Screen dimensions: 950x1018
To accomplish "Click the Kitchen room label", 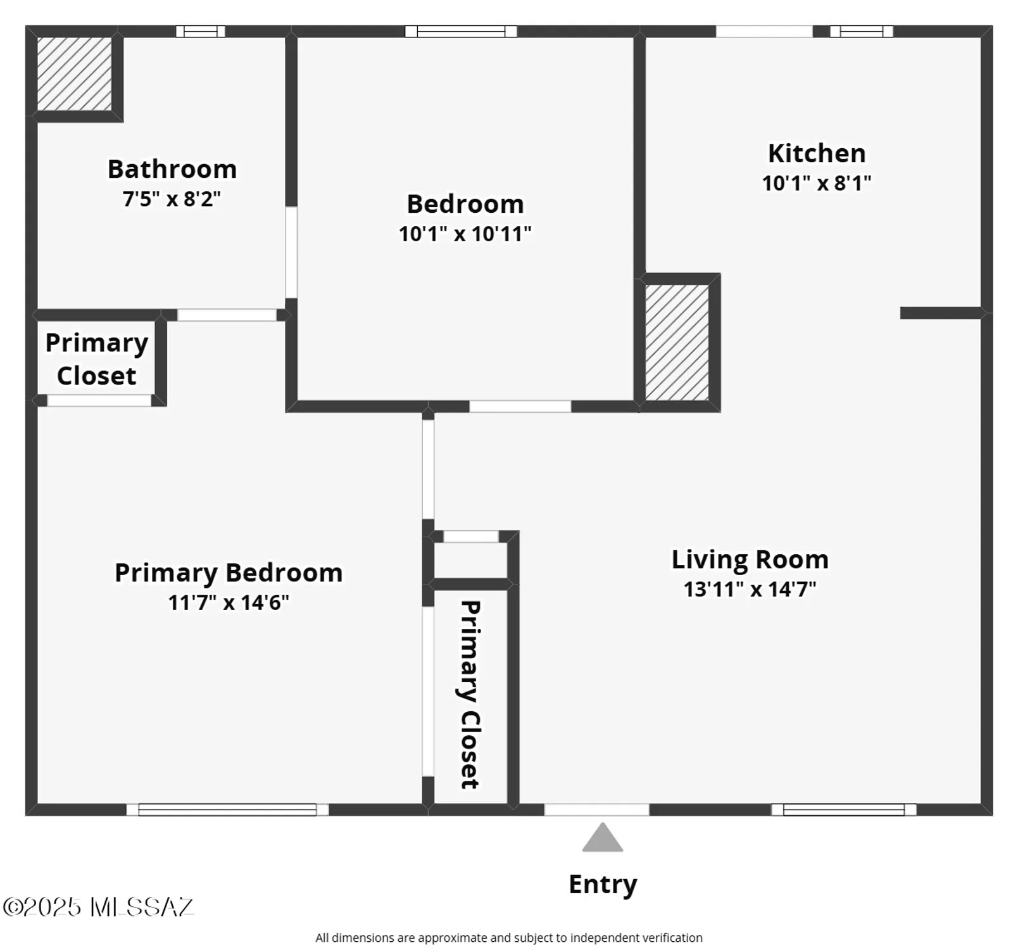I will [x=816, y=153].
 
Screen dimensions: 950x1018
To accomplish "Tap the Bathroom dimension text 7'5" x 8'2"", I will [x=172, y=199].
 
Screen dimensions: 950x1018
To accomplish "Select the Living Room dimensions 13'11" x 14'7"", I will [x=750, y=589].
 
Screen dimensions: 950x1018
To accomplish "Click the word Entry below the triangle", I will [x=602, y=884].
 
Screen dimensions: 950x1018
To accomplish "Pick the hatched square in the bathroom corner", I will [x=74, y=73].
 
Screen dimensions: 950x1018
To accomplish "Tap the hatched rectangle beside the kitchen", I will [x=677, y=342].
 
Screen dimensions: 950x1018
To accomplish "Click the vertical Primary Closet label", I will [x=469, y=694].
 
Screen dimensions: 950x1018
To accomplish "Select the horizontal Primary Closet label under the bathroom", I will [x=96, y=359].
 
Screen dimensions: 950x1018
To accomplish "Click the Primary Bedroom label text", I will [x=229, y=573].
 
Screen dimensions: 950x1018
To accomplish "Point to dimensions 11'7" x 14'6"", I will [x=229, y=602].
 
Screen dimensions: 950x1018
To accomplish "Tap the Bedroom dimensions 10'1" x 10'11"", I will [x=465, y=234].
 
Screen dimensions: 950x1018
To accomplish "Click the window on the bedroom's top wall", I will [x=461, y=31].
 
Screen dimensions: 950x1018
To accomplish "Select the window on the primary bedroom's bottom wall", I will [x=227, y=809].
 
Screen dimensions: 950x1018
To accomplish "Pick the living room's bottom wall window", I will [x=843, y=809].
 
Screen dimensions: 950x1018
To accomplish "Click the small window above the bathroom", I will [x=200, y=31].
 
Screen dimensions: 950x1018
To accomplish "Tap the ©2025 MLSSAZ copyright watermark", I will [x=98, y=907].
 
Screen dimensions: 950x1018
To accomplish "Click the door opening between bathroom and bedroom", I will [x=291, y=252].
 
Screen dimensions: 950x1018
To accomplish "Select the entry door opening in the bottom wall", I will [x=596, y=809].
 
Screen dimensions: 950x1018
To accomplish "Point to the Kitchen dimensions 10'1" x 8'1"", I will [x=816, y=183].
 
